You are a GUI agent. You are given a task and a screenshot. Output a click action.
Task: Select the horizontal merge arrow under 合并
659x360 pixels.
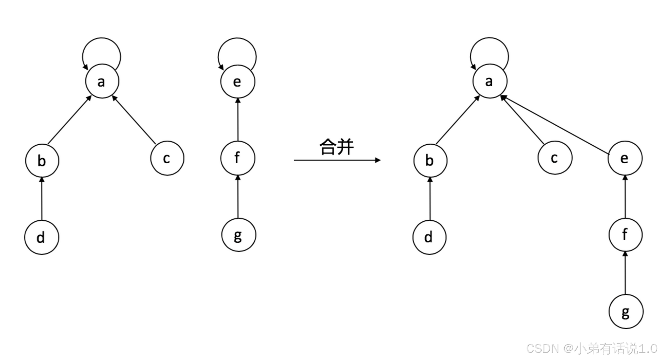336,160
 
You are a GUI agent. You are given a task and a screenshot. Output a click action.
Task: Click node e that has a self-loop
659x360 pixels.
237,81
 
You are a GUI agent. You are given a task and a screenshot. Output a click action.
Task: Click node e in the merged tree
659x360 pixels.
625,158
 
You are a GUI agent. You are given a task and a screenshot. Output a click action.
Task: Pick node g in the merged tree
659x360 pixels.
626,312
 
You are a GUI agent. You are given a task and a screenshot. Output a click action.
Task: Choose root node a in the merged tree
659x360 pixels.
490,81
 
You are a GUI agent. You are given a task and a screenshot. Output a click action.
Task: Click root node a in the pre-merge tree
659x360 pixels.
102,81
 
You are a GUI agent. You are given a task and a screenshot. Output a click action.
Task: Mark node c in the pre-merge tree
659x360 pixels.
167,158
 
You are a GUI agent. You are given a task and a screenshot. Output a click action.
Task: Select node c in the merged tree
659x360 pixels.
555,158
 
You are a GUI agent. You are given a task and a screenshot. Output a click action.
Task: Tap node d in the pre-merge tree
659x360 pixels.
42,238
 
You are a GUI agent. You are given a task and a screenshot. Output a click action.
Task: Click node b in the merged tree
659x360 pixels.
430,160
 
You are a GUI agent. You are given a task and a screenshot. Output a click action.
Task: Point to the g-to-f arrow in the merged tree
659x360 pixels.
625,273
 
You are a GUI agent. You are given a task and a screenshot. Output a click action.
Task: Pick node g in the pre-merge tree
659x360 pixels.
239,235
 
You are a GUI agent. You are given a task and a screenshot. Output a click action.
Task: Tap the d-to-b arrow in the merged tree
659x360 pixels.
430,199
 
